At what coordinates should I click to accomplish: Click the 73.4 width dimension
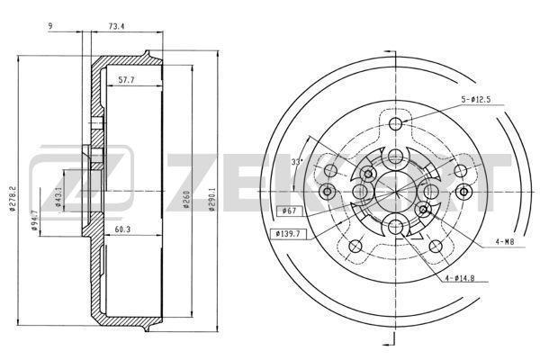click(116, 26)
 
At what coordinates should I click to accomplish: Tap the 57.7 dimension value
click(126, 80)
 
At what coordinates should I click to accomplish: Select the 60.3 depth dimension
click(122, 229)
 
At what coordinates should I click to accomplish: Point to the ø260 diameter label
click(186, 200)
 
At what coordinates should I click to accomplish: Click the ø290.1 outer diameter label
click(212, 199)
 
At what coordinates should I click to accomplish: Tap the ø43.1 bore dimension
click(58, 197)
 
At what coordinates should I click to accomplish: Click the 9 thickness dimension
click(50, 26)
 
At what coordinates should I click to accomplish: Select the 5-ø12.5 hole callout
click(476, 100)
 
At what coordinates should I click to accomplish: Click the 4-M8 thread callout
click(505, 242)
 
